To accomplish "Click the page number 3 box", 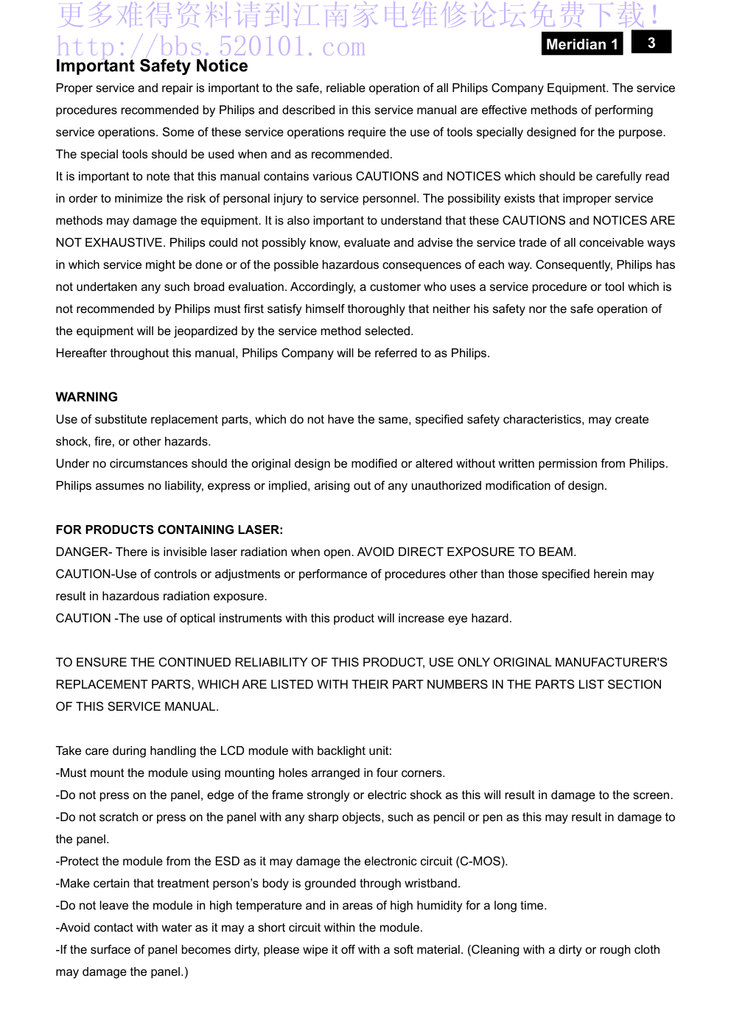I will coord(651,43).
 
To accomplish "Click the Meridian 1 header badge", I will coord(581,44).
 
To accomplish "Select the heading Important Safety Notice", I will coord(152,66).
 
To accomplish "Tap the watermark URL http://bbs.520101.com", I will coord(211,47).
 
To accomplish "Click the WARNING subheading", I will coord(87,397).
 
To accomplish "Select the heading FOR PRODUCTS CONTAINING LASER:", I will coord(169,530).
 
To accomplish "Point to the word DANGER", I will coord(81,552).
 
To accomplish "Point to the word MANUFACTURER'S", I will coord(611,662).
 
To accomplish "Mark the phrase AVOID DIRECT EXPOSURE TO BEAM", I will coord(466,552).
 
